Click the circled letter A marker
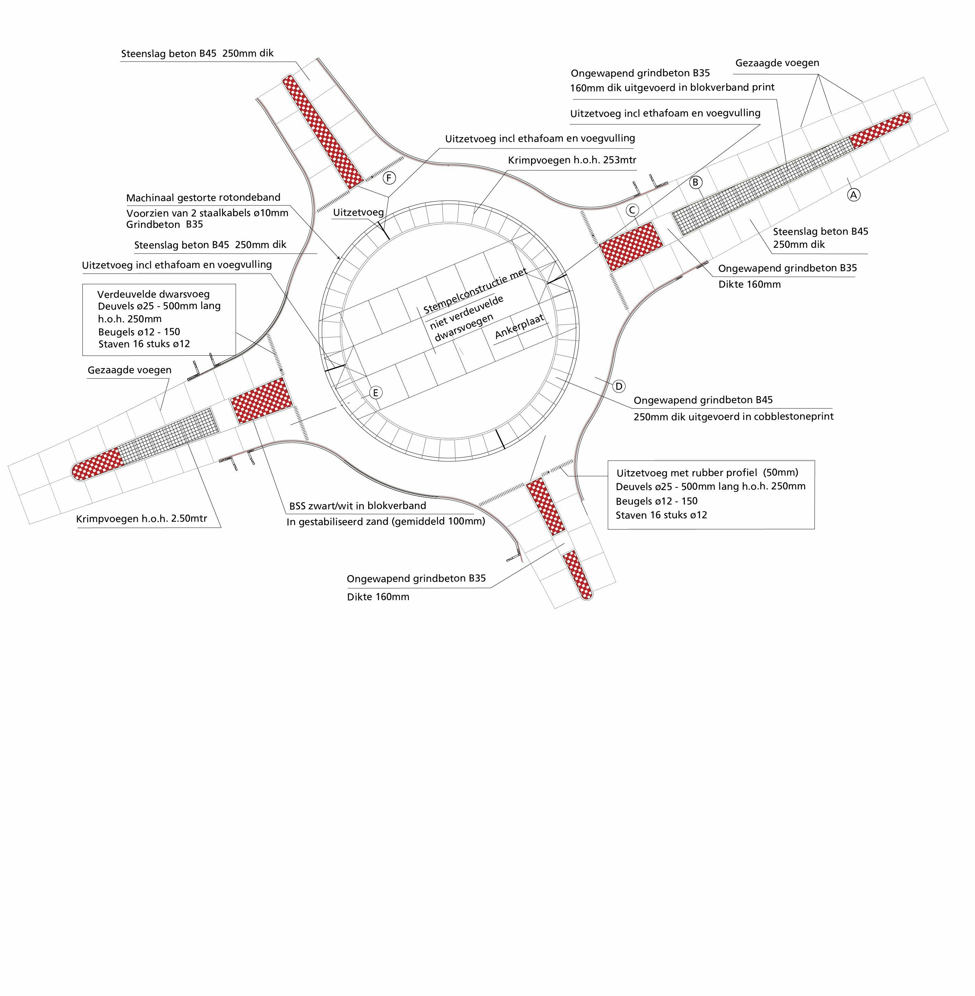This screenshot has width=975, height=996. point(853,195)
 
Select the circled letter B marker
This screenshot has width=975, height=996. point(695,182)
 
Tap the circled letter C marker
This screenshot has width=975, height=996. point(632,210)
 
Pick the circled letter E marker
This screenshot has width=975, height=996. point(375,393)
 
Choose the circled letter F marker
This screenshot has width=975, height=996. point(389,178)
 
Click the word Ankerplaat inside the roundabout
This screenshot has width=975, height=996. point(519,326)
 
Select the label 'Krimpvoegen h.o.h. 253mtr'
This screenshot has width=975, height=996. point(572,160)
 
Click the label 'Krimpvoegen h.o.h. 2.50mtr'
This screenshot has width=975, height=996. point(142,519)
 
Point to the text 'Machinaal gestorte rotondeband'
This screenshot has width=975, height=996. point(203,198)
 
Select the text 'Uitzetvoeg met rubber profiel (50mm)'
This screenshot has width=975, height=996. point(707,473)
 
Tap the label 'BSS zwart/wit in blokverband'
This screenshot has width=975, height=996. point(357,506)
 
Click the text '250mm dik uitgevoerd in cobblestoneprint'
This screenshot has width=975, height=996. point(733,416)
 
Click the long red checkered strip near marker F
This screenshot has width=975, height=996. point(323,131)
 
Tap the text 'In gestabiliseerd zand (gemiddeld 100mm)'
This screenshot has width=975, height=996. point(386,522)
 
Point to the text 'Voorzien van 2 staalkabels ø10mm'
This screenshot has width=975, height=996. point(207,213)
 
